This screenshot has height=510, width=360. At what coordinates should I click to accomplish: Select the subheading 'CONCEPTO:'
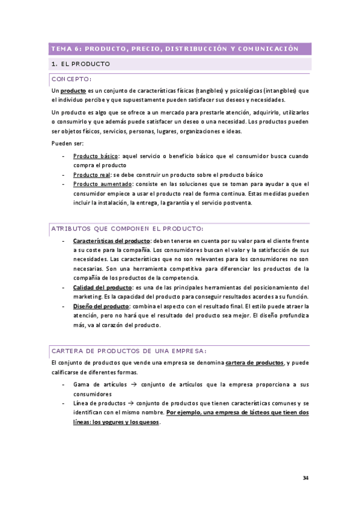coord(71,79)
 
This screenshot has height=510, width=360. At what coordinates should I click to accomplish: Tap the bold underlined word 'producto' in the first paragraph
coord(74,90)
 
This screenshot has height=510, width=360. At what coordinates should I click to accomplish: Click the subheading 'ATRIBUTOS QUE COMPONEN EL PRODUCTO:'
coord(127,229)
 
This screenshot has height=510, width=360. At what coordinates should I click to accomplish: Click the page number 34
coord(305,478)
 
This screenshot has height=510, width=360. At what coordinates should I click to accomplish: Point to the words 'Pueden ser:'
coord(67,143)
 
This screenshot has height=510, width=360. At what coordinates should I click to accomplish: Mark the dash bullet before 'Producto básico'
coord(64,156)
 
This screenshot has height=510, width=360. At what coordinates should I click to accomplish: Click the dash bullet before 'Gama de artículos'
coord(64,384)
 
